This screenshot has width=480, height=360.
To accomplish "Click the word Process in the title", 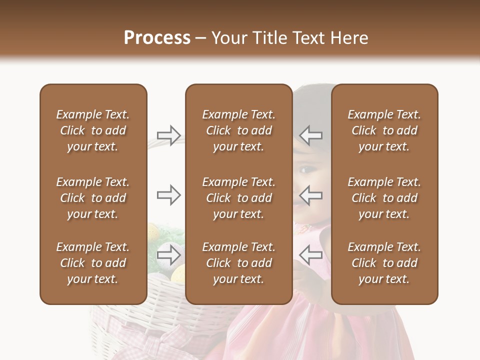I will pyautogui.click(x=157, y=38).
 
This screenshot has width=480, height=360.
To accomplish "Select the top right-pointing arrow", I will pyautogui.click(x=169, y=135).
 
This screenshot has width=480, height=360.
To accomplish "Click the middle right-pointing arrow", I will pyautogui.click(x=169, y=194).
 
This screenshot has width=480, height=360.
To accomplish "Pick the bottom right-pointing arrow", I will pyautogui.click(x=169, y=255).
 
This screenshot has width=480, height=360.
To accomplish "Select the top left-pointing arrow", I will pyautogui.click(x=311, y=135).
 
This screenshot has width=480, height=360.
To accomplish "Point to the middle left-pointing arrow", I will pyautogui.click(x=311, y=194).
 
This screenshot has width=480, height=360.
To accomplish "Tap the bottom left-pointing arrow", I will pyautogui.click(x=311, y=255).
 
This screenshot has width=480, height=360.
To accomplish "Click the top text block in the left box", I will pyautogui.click(x=93, y=130).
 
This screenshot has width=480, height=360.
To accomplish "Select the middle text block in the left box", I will pyautogui.click(x=93, y=198).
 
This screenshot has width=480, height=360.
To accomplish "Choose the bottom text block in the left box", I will pyautogui.click(x=93, y=263).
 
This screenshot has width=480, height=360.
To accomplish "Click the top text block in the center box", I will pyautogui.click(x=238, y=130).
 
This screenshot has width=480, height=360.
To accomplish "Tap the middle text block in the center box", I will pyautogui.click(x=238, y=198).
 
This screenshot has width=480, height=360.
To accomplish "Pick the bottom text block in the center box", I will pyautogui.click(x=238, y=263).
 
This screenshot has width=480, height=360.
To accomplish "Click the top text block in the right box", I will pyautogui.click(x=384, y=130).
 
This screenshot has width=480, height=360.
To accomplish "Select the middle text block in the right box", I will pyautogui.click(x=384, y=198).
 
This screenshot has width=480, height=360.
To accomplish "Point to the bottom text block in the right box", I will pyautogui.click(x=384, y=263).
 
